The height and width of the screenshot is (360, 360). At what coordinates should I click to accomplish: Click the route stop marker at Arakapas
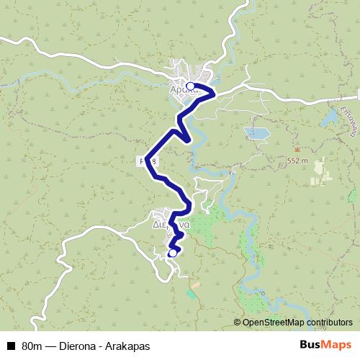coord(190,86)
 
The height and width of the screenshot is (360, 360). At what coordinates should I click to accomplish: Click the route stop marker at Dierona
coord(172,253)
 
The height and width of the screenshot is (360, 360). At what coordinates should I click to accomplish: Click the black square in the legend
coord(11,346)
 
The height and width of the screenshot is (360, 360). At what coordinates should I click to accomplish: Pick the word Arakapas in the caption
coord(128,346)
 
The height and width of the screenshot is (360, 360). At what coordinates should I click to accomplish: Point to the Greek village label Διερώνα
coord(171,224)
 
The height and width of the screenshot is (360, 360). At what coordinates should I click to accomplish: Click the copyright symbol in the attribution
coord(238,323)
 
